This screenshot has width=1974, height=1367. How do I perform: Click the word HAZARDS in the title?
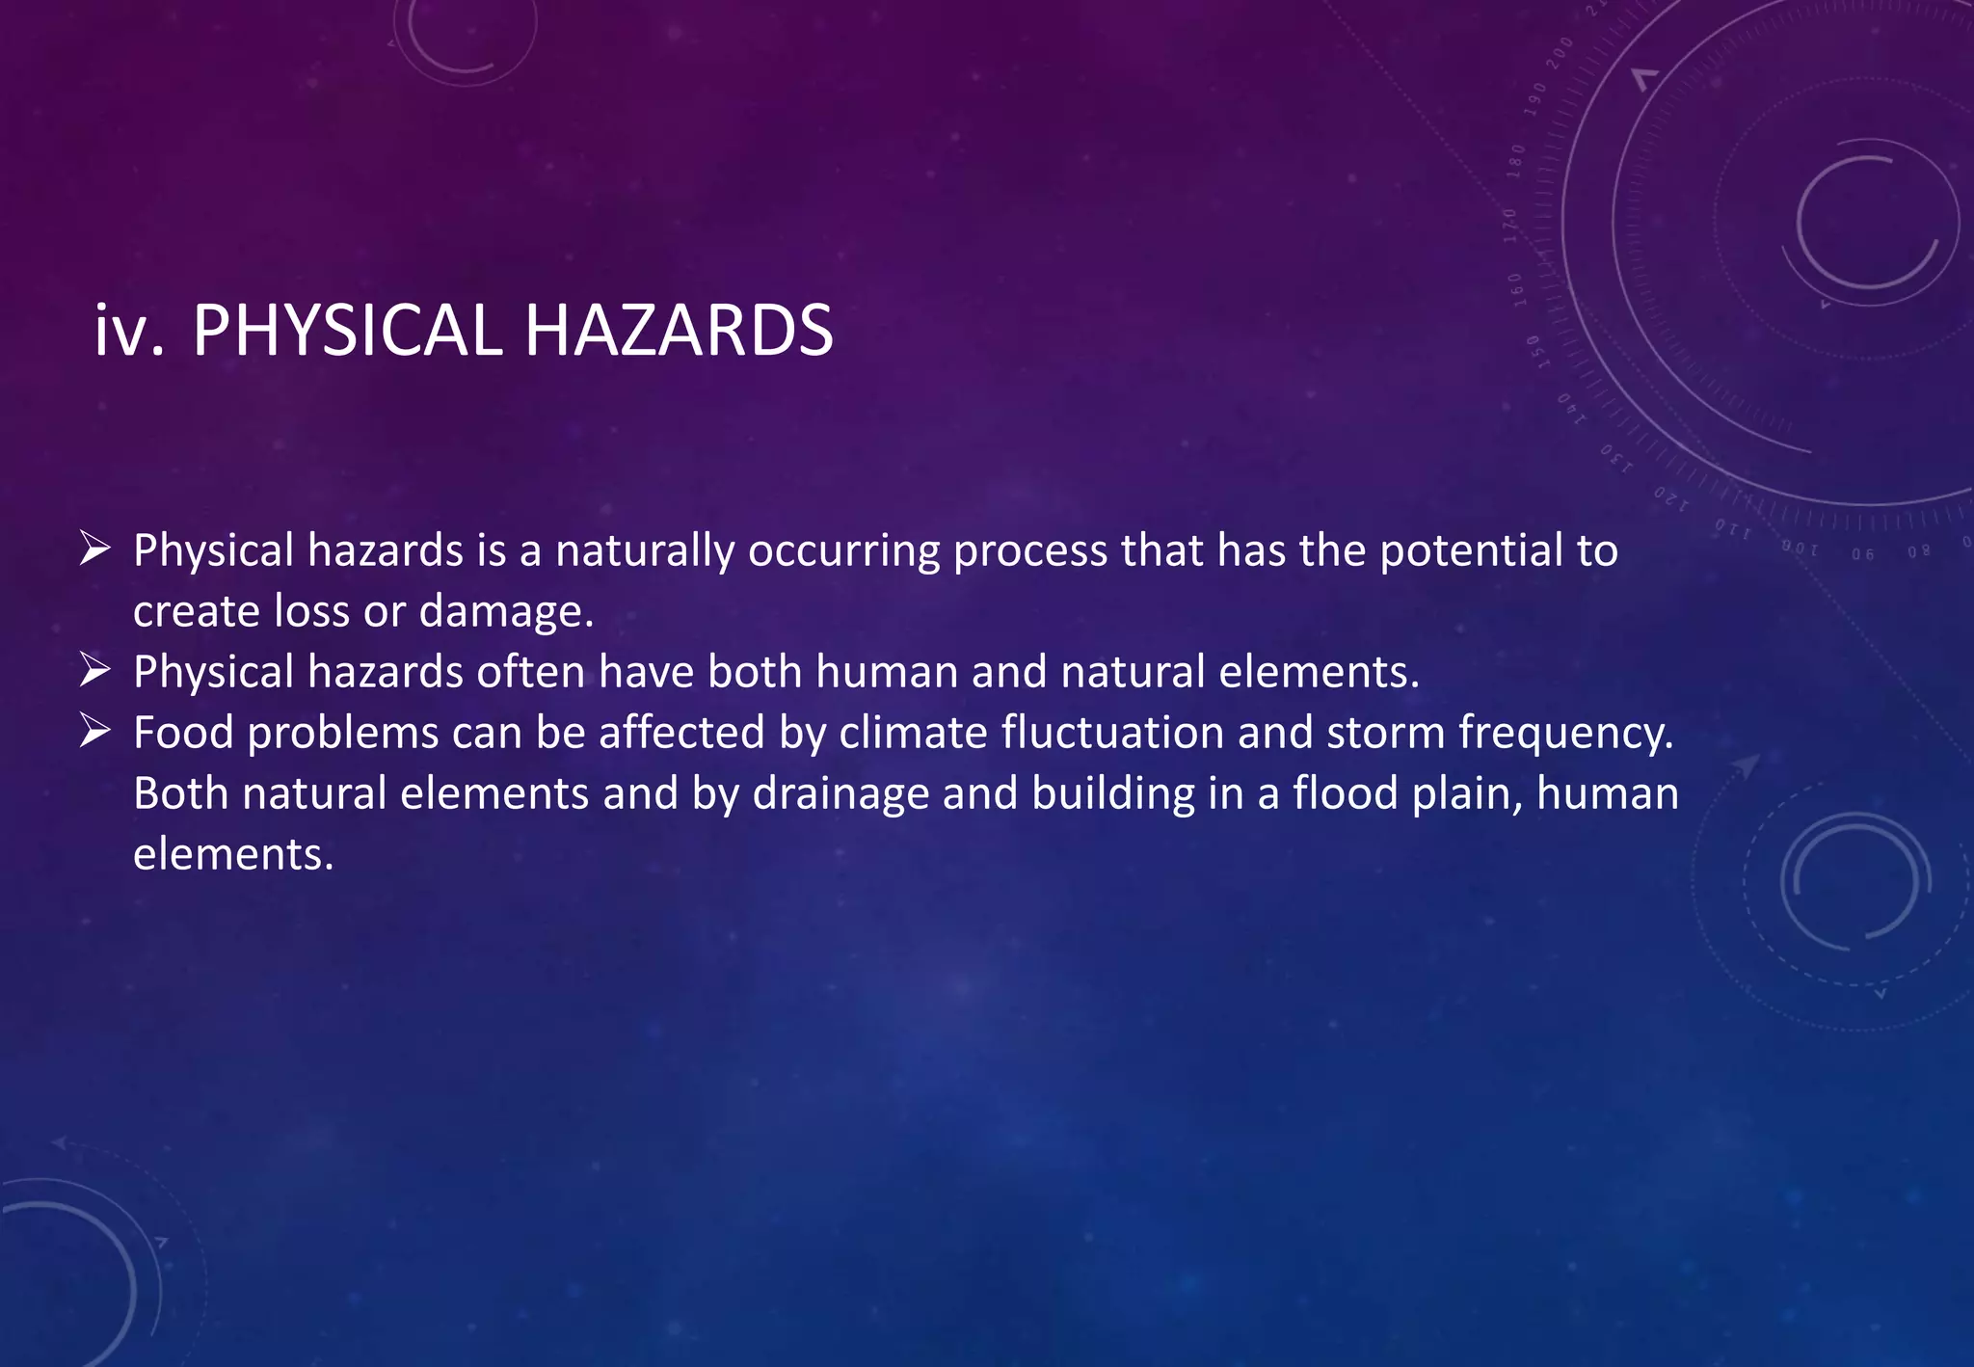click(679, 331)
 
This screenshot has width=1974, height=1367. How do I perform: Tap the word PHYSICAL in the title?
click(347, 331)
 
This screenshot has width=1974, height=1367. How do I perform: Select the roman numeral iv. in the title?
click(129, 331)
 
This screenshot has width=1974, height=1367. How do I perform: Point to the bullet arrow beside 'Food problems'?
click(95, 731)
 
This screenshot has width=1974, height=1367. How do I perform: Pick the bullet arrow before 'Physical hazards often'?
click(95, 670)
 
